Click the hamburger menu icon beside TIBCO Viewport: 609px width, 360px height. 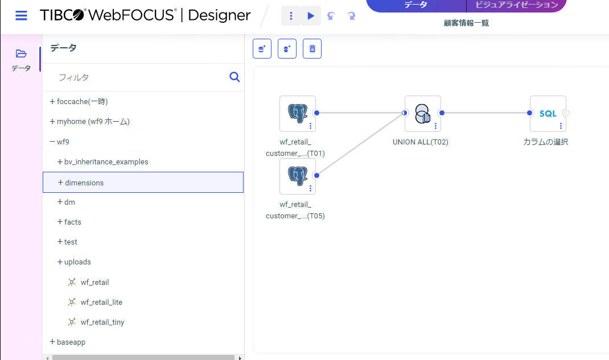pos(22,15)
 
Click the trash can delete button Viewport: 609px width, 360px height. pos(312,48)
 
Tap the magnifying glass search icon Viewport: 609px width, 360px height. pos(234,77)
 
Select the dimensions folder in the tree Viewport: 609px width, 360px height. pos(84,183)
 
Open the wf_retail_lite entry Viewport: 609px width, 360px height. pos(101,302)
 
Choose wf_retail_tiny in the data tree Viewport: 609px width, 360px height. pos(102,322)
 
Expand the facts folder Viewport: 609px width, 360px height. pos(72,222)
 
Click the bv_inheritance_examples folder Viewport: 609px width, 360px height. pos(106,162)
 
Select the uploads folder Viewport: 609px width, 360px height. pos(77,262)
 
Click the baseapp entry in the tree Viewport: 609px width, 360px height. pos(71,342)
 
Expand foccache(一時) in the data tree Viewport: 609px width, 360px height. pos(82,102)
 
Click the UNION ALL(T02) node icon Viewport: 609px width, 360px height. pos(422,114)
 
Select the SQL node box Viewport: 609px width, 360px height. pos(548,114)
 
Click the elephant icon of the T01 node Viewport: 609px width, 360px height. pos(298,113)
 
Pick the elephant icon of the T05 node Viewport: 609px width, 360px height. pos(298,176)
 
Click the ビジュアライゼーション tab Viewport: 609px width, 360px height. pos(517,5)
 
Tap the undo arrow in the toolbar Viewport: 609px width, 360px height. pos(331,16)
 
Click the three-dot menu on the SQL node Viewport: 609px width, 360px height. pos(561,126)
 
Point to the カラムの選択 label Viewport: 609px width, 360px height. pos(546,142)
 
